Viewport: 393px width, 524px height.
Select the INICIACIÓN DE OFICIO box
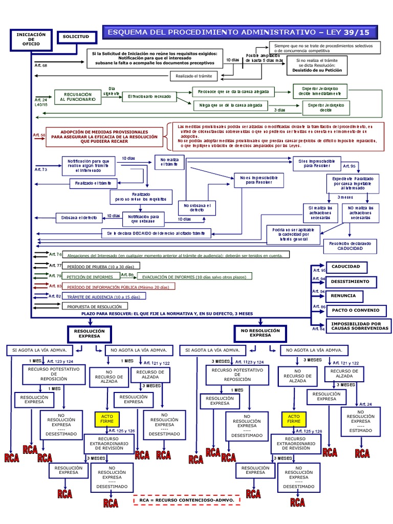[31, 40]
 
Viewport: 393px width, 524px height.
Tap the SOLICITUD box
[76, 38]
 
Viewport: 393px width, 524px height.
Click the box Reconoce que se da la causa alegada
[231, 92]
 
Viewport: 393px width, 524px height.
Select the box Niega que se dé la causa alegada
[231, 106]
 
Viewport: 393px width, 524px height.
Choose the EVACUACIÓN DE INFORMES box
[196, 276]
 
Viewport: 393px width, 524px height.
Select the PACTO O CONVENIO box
[348, 311]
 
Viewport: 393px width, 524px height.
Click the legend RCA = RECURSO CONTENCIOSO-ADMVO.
[186, 499]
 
